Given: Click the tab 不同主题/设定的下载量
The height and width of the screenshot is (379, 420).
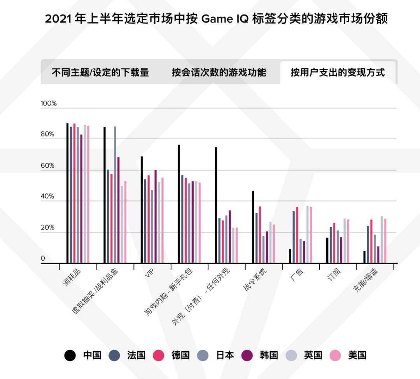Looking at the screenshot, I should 100,73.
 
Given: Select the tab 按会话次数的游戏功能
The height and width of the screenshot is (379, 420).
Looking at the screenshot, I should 219,73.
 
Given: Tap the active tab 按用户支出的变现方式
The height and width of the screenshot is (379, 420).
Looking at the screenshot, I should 338,73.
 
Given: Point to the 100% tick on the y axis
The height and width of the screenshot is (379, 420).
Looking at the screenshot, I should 49,104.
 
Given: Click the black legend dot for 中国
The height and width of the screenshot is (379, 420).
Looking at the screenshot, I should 70,355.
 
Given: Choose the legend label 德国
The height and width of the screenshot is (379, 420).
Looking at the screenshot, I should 180,355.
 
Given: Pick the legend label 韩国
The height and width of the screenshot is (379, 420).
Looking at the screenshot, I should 269,355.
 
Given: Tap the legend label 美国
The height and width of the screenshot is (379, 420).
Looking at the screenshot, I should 357,355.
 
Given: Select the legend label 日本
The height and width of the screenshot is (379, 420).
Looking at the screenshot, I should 224,355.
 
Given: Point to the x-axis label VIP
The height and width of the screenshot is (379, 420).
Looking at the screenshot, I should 149,274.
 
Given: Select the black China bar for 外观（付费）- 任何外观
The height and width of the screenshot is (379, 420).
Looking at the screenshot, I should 216,205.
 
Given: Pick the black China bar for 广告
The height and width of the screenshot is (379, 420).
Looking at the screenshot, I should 290,256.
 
